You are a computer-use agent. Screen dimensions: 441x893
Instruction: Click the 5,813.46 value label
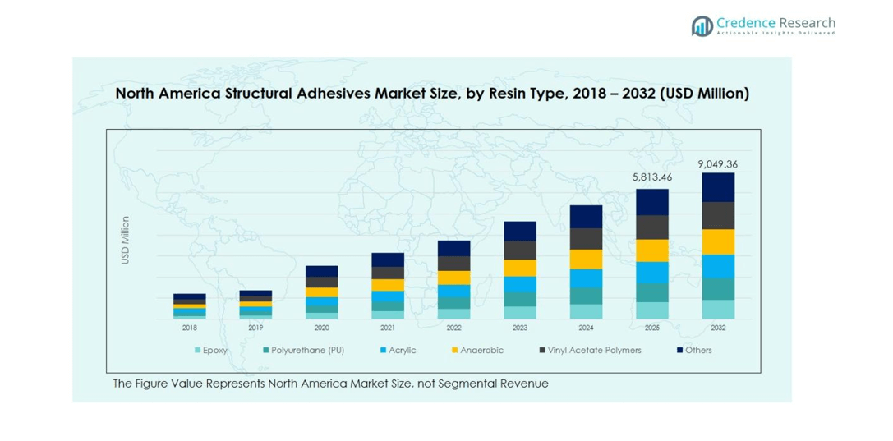(652, 177)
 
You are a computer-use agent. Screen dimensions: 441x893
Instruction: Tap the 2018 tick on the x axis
(190, 328)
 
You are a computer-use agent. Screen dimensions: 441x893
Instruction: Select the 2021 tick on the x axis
(388, 328)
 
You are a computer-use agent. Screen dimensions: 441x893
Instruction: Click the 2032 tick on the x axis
(719, 328)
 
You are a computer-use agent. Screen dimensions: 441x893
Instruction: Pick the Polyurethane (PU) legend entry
(303, 351)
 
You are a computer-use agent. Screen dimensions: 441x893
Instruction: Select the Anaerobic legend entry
(480, 351)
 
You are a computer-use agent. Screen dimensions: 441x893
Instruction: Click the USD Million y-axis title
(126, 240)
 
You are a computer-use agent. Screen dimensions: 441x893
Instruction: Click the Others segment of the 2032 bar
(719, 187)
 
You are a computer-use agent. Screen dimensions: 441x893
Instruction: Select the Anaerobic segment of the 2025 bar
(652, 250)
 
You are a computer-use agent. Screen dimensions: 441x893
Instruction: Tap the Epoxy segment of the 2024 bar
(586, 311)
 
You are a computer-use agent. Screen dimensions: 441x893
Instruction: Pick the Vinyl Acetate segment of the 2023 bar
(520, 250)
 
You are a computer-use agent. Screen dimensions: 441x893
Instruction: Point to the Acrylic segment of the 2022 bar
(453, 292)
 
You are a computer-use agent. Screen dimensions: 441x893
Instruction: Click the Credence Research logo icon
(702, 26)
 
